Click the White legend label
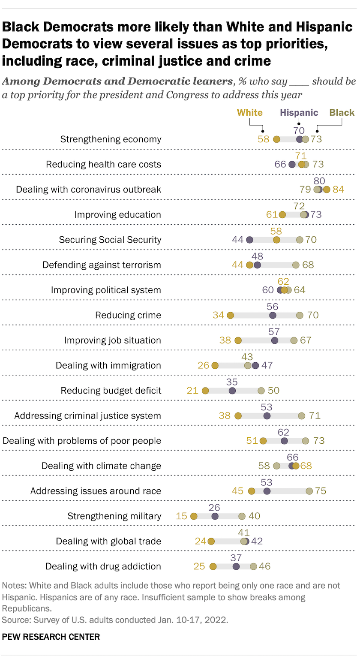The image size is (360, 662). [x=249, y=113]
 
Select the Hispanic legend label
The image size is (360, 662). [x=299, y=113]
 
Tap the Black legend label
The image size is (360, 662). [x=342, y=113]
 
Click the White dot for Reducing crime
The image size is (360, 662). [x=230, y=316]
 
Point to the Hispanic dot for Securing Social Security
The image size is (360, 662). [x=249, y=240]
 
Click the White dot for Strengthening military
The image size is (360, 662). [x=193, y=517]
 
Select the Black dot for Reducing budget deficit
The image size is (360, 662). [x=261, y=391]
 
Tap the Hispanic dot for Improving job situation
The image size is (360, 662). [x=275, y=340]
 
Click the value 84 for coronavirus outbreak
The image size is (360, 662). [x=338, y=190]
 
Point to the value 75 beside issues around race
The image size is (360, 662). [x=321, y=491]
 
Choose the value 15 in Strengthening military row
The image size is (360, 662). [x=182, y=516]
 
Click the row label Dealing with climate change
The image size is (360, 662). [x=101, y=466]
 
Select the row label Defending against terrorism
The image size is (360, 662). [x=102, y=265]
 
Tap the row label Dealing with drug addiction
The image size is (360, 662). [x=103, y=566]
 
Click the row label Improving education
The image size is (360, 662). [x=118, y=215]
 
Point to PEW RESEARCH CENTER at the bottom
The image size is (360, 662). [x=51, y=637]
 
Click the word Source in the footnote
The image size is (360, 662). [x=13, y=620]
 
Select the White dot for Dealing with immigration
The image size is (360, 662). [x=215, y=366]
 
